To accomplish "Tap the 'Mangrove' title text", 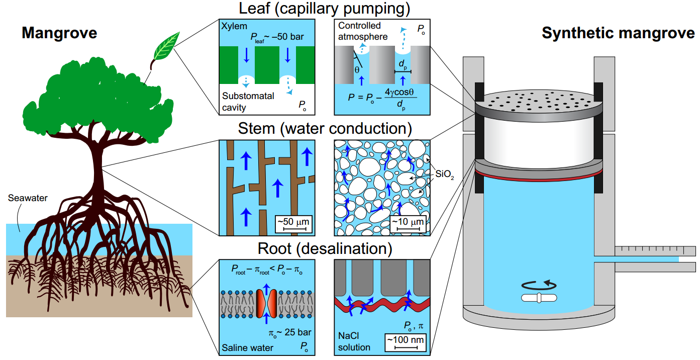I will click(59, 34).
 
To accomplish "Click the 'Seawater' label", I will click(28, 198).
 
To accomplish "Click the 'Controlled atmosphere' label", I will click(363, 31).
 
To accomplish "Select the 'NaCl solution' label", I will click(354, 342).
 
